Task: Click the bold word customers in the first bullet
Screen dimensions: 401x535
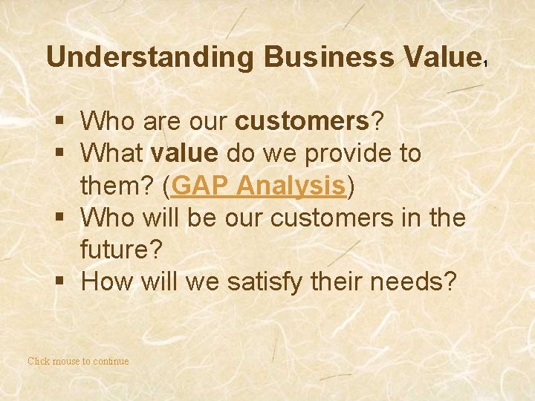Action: tap(308, 120)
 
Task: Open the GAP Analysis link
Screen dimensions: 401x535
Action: tap(259, 186)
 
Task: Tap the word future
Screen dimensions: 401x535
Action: tap(122, 250)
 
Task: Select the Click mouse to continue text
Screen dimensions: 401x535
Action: tap(78, 362)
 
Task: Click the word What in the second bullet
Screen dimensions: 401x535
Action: tap(111, 154)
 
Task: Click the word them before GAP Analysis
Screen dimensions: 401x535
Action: tap(114, 186)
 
